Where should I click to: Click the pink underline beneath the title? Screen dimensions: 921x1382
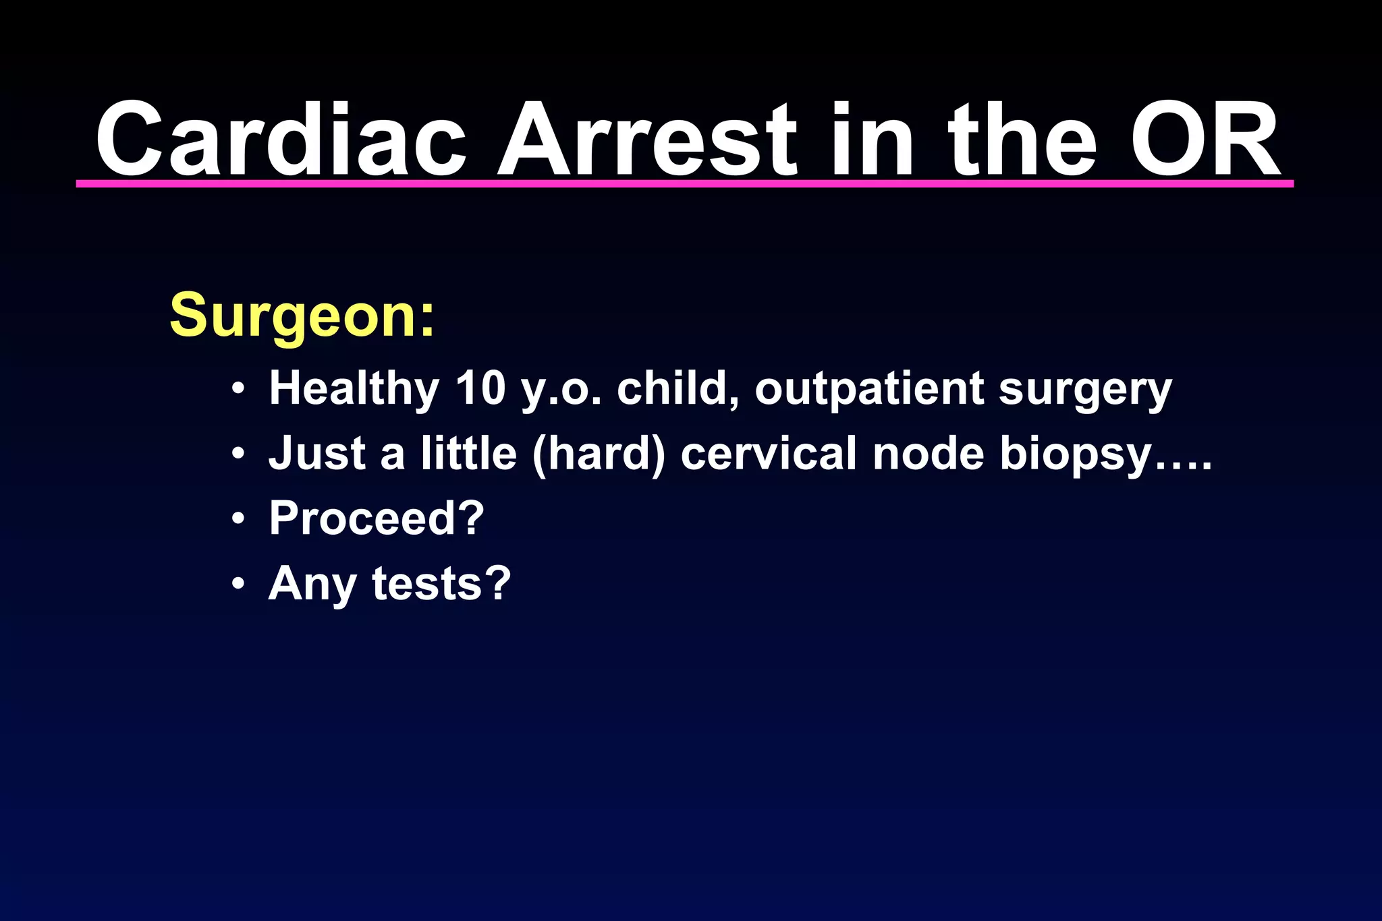pyautogui.click(x=684, y=183)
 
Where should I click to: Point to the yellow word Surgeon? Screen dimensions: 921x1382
pyautogui.click(x=302, y=315)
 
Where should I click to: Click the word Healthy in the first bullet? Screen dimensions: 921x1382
pyautogui.click(x=354, y=389)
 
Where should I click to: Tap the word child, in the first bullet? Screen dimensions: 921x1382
pyautogui.click(x=678, y=389)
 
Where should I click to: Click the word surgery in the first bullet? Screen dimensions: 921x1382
pyautogui.click(x=1085, y=390)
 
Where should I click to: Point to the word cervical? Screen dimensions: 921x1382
pyautogui.click(x=769, y=453)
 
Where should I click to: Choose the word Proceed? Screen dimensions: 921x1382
pyautogui.click(x=377, y=518)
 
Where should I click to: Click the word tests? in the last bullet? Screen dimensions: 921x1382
pyautogui.click(x=441, y=583)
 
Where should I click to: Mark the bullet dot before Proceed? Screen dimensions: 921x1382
pyautogui.click(x=238, y=519)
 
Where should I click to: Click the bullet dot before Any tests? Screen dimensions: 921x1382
pyautogui.click(x=238, y=584)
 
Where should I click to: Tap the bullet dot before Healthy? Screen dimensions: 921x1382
pyautogui.click(x=238, y=389)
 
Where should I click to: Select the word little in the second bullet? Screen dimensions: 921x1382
pyautogui.click(x=469, y=453)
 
